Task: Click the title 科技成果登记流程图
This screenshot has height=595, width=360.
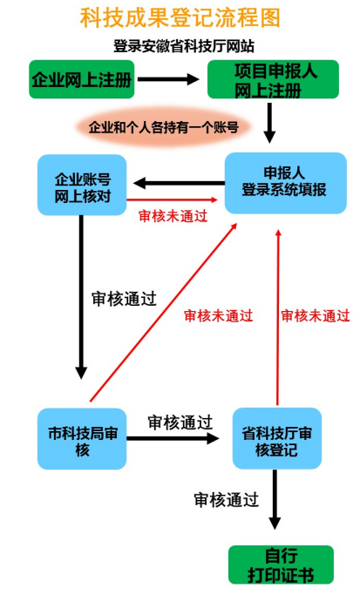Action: pos(180,17)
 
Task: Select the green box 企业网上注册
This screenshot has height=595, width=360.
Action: pos(81,79)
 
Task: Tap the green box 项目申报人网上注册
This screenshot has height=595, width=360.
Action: pos(270,79)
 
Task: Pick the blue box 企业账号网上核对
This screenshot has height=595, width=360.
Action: pos(83,185)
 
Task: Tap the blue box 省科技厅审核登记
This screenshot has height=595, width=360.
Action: pos(277,440)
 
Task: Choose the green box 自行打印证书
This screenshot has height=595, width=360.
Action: pos(281,565)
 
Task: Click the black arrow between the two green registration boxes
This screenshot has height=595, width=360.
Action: pos(169,79)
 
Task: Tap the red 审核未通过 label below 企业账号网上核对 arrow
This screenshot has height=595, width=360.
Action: pos(172,215)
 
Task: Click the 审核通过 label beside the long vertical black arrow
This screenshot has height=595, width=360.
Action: pos(124,298)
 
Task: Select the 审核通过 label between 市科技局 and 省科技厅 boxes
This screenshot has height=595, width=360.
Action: pos(180,423)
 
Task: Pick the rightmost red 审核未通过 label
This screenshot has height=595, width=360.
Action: pos(315,316)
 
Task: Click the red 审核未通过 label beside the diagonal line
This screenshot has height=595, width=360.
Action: pos(218,316)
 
